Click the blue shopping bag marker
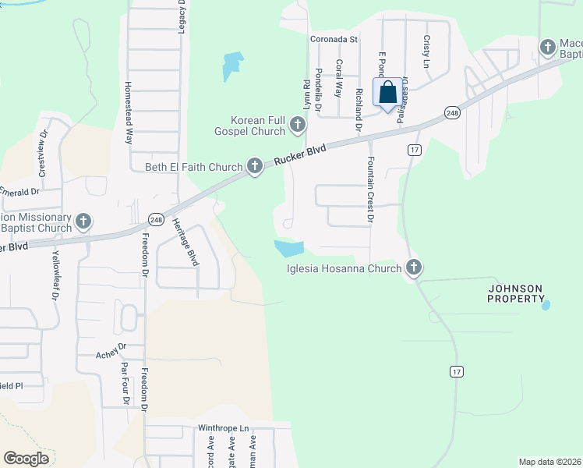coord(388,93)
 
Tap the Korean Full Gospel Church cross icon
coord(297,125)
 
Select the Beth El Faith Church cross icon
coord(254,165)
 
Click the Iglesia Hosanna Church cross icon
coord(413,268)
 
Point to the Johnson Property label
coord(515,293)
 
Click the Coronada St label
coord(333,38)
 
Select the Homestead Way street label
coord(129,112)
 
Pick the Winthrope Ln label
coord(223,428)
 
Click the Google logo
coord(26,459)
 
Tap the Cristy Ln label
coord(426,51)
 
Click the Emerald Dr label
coord(19,191)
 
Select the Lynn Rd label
coord(307,94)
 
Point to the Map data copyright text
coord(549,462)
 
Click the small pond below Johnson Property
coord(545,304)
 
